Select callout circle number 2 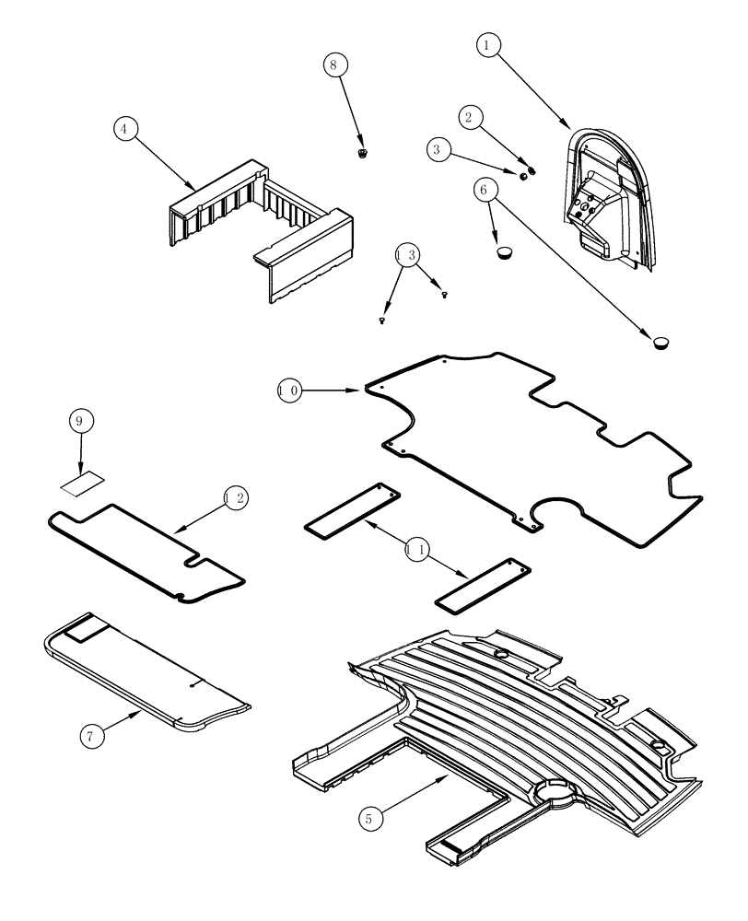(472, 117)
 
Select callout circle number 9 (81, 421)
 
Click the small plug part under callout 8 (364, 152)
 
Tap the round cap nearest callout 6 (503, 251)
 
